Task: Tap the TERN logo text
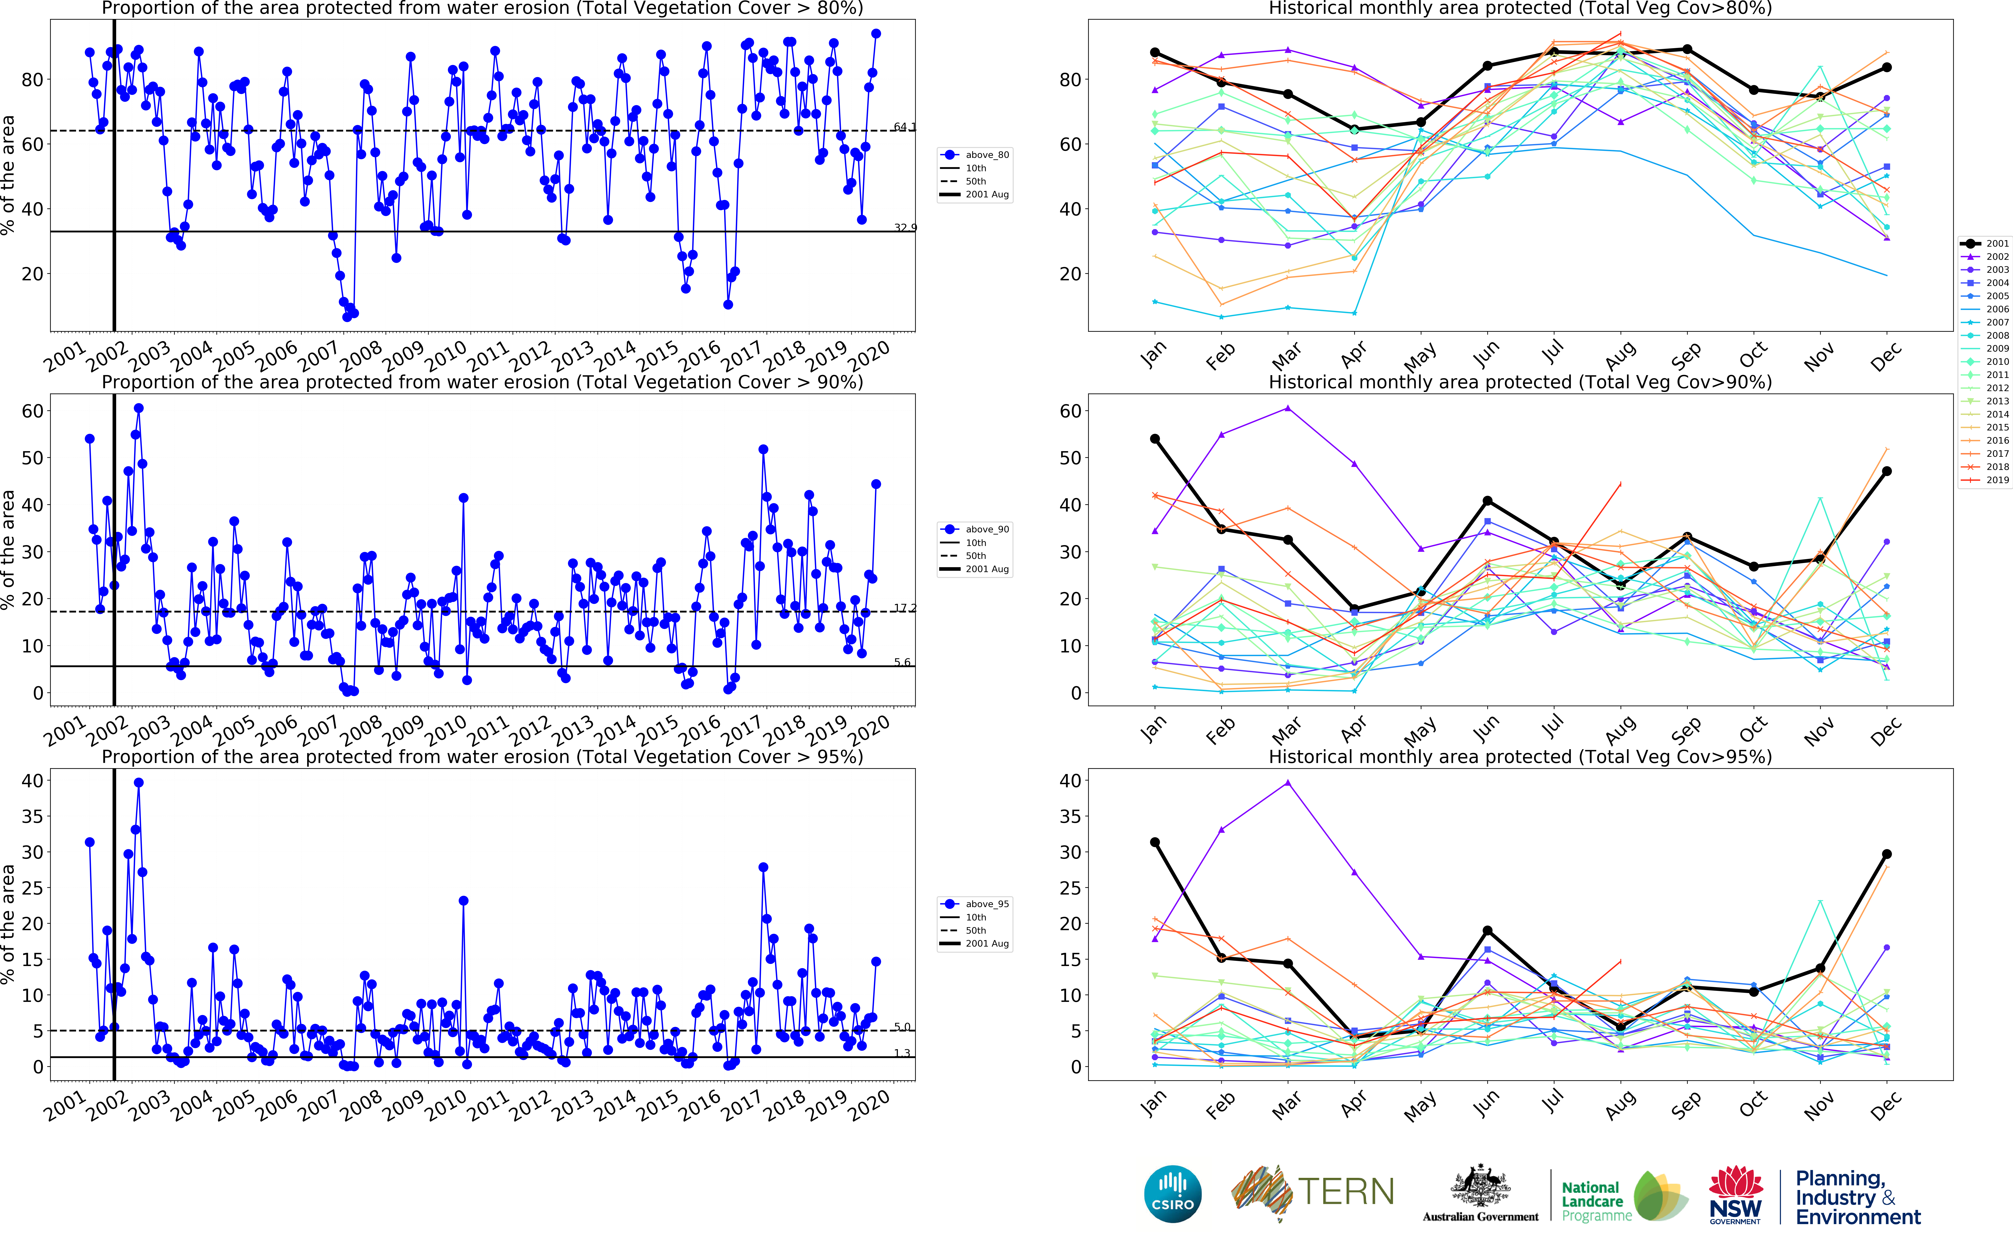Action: [x=1346, y=1192]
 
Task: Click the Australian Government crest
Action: [x=1480, y=1188]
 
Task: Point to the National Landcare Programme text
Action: [x=1596, y=1201]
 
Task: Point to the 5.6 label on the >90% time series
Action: [x=902, y=662]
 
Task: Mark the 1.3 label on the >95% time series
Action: [x=902, y=1053]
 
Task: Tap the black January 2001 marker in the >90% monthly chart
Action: [x=1154, y=439]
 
